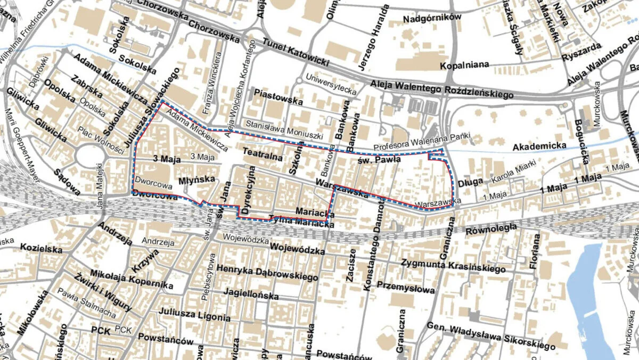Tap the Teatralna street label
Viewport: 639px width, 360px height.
[259, 152]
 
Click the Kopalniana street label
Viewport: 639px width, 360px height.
[465, 66]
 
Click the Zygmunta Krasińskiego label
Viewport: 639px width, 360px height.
[453, 265]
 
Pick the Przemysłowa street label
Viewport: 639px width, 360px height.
[405, 288]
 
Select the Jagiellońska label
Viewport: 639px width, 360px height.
[251, 294]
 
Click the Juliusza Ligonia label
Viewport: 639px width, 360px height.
[195, 315]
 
